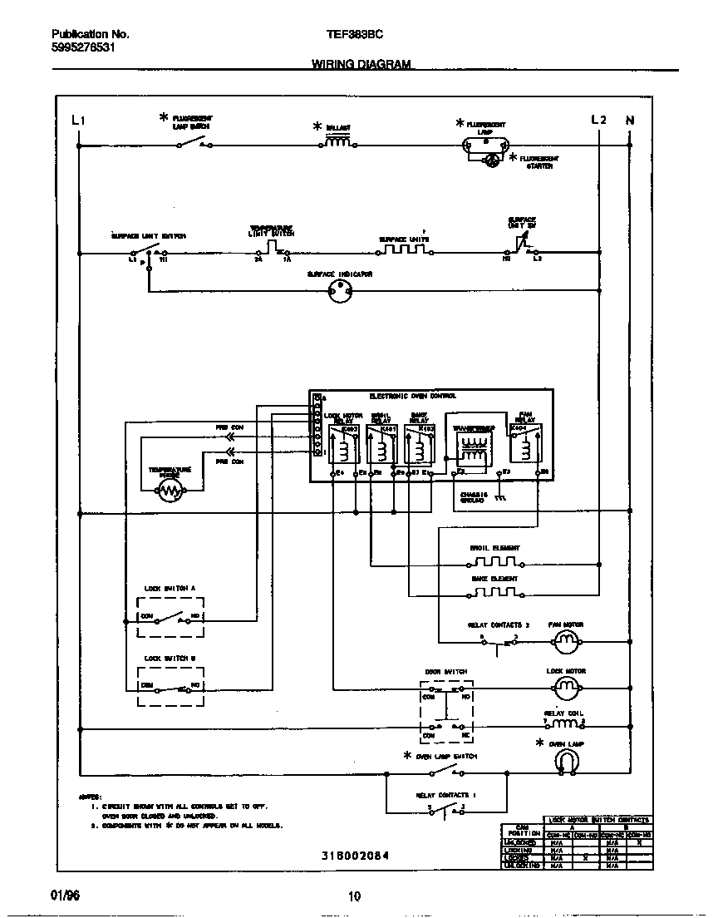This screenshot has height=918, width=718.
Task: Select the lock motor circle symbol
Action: tap(565, 686)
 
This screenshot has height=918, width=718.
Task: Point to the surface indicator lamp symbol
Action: tap(339, 289)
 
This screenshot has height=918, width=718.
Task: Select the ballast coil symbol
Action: tap(337, 143)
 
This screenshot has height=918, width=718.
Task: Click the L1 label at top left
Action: tap(79, 120)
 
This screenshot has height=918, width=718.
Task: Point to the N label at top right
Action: tap(629, 120)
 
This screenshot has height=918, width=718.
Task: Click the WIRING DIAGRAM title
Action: tap(361, 64)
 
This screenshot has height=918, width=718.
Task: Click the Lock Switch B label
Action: tap(170, 658)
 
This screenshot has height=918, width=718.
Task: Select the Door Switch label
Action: tap(446, 671)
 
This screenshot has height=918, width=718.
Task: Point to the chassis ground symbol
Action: tap(499, 498)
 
